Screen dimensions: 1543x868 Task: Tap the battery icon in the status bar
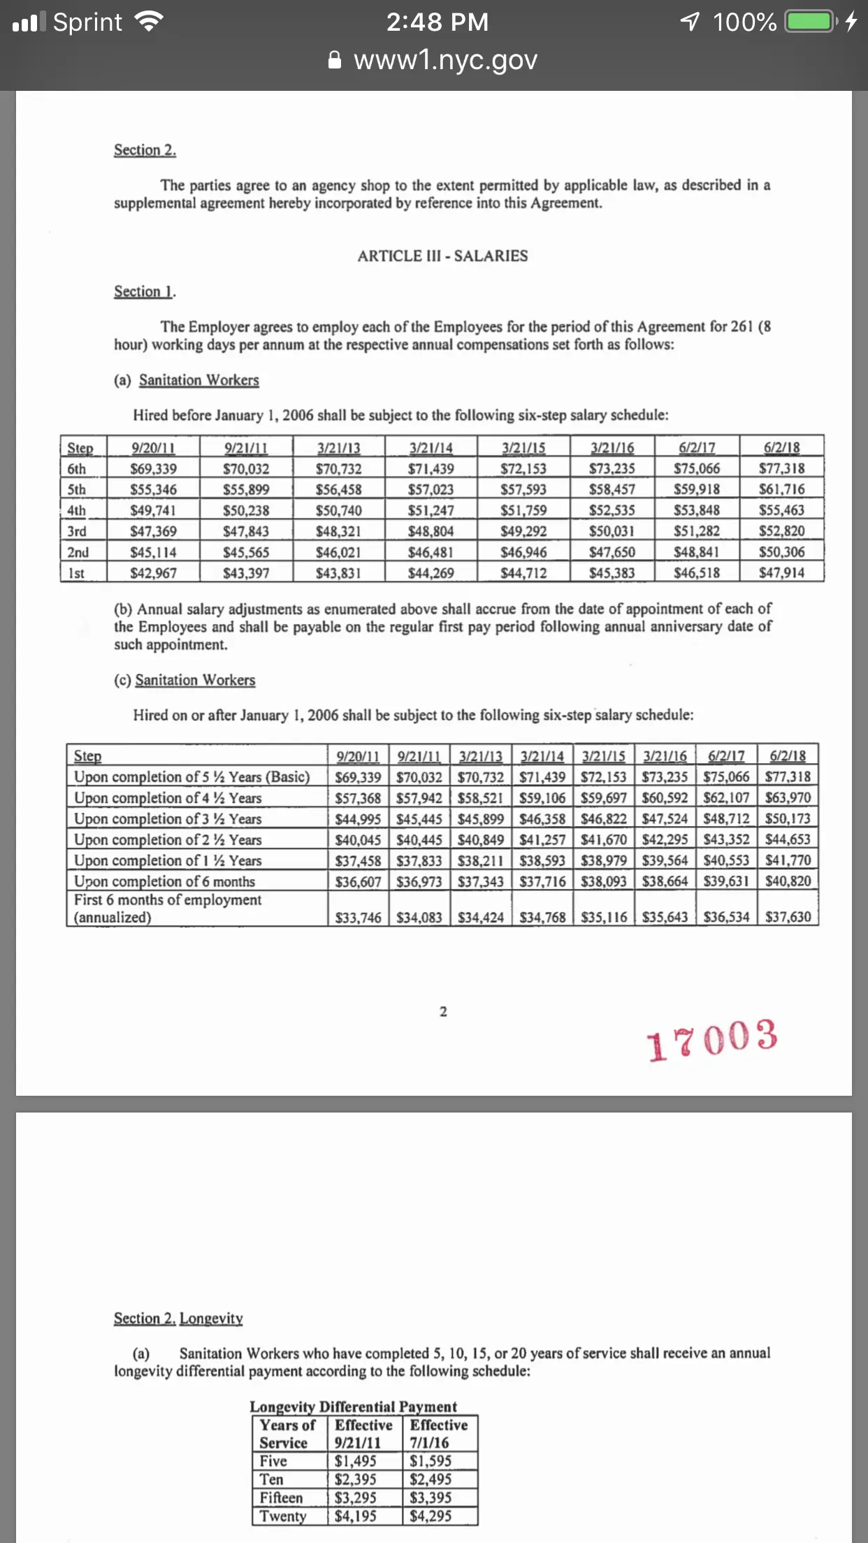811,22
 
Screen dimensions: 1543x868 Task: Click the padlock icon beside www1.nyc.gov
335,60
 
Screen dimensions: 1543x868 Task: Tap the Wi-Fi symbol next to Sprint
149,22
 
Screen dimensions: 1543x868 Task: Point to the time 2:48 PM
437,22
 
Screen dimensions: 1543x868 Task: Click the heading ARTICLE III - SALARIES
442,256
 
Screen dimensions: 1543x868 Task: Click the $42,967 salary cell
153,573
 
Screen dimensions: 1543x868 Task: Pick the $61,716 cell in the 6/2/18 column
781,489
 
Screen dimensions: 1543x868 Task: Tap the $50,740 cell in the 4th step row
338,510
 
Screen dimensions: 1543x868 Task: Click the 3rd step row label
77,531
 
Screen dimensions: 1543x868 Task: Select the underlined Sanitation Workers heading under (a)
198,380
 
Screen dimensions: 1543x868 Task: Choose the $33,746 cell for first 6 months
358,917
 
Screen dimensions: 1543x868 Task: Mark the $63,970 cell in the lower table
788,797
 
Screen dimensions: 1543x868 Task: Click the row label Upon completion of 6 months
164,881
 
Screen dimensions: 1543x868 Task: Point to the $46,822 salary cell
604,818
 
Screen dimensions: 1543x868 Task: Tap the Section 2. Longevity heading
178,1318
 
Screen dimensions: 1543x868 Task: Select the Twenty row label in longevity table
283,1516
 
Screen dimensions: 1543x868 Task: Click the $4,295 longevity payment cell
431,1516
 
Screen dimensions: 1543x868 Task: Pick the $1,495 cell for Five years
355,1461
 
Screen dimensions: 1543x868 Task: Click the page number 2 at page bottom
443,1011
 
